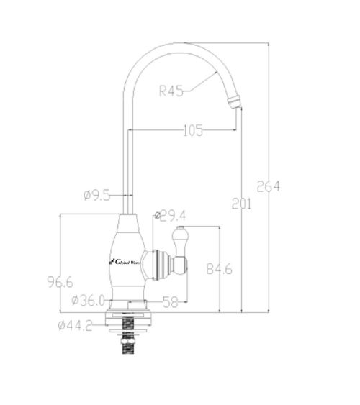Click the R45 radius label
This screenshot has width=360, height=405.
pyautogui.click(x=171, y=91)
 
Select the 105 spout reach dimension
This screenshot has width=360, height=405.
pyautogui.click(x=193, y=130)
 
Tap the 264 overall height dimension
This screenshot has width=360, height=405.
pyautogui.click(x=269, y=186)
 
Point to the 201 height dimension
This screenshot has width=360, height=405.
pyautogui.click(x=241, y=204)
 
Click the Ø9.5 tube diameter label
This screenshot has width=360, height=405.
pyautogui.click(x=97, y=195)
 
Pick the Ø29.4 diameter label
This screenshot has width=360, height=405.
pyautogui.click(x=170, y=216)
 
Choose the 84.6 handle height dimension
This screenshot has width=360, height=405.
pyautogui.click(x=219, y=269)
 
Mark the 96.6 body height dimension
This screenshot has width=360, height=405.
pyautogui.click(x=60, y=282)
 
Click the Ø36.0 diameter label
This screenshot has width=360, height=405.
pyautogui.click(x=88, y=301)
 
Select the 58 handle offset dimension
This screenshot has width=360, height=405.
pyautogui.click(x=171, y=302)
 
